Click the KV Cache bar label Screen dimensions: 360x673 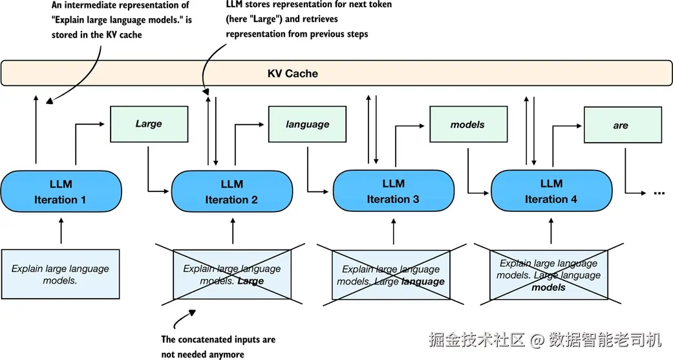[293, 74]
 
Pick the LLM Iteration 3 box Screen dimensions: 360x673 [393, 191]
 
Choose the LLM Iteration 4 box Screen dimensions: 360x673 [551, 191]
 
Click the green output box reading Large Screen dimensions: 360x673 [149, 124]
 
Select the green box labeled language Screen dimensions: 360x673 [308, 124]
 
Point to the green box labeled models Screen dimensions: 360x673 [467, 124]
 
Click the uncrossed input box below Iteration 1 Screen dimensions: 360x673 [60, 274]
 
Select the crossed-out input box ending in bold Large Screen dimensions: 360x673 [232, 275]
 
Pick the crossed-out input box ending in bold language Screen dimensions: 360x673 [390, 275]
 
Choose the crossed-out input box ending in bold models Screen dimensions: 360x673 [549, 275]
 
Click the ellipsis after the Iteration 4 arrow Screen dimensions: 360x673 [659, 193]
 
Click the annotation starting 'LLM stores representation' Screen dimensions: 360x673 [308, 19]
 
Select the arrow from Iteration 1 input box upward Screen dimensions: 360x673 [61, 231]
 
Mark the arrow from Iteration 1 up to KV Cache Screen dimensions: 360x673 [36, 129]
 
